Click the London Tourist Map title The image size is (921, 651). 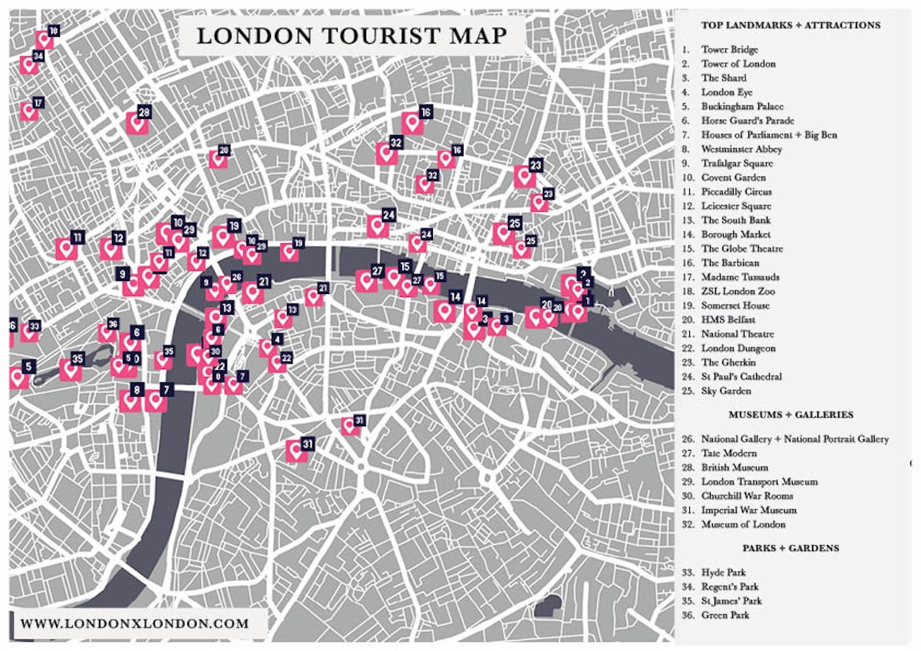click(352, 36)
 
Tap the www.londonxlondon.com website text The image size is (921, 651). click(135, 623)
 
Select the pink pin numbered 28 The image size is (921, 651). click(137, 124)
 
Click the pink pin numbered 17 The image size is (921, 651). click(30, 112)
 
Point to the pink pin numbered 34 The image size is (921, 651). click(30, 64)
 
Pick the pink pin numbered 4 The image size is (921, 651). click(267, 348)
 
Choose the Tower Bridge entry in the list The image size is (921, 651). click(729, 50)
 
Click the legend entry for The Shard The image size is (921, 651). click(723, 78)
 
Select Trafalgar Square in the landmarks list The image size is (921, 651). click(737, 164)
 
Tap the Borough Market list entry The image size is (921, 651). click(735, 234)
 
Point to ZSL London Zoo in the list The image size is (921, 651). click(738, 292)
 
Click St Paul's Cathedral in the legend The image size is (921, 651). click(741, 377)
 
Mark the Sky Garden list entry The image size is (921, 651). click(725, 391)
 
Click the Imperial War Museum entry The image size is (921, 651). click(748, 510)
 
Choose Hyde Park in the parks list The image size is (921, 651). click(723, 573)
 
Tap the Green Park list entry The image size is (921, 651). click(725, 615)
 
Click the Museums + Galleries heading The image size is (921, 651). click(791, 415)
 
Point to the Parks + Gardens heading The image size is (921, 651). click(791, 548)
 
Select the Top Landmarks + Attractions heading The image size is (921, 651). click(791, 25)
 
